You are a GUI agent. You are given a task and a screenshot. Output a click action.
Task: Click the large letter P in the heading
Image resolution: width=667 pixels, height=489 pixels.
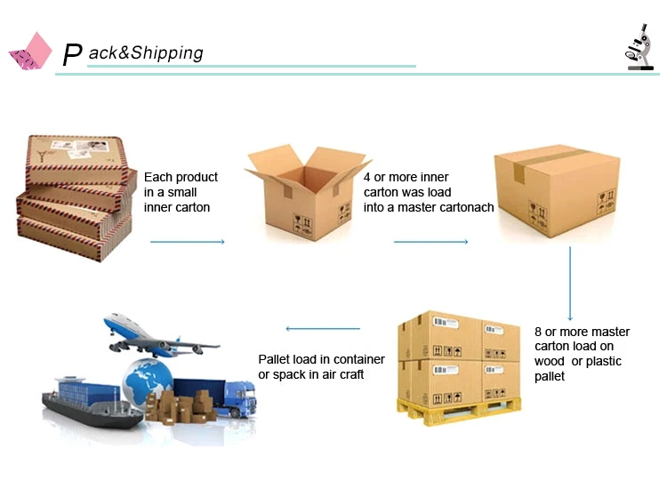pos(73,56)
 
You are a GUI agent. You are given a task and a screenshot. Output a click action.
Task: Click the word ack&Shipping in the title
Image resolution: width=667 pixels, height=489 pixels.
pos(146,52)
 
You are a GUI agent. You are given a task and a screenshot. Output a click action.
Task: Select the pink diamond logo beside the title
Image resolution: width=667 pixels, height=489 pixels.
pos(30,52)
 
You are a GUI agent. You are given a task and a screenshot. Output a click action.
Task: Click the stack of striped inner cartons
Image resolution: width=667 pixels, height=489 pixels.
pos(75,197)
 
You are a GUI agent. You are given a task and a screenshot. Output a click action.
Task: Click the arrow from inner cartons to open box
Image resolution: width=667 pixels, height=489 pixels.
pos(187,241)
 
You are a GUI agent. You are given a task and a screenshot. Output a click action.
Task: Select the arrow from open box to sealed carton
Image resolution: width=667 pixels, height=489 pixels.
pos(430,241)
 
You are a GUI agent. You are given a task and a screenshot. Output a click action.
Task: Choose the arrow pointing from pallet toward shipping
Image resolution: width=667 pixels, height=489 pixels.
pos(322,329)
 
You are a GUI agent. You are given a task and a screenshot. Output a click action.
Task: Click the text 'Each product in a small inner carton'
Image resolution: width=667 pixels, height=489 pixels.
pos(181,192)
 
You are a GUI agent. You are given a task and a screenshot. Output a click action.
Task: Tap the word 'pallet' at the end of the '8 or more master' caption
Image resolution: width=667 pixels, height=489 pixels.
pos(550,376)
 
